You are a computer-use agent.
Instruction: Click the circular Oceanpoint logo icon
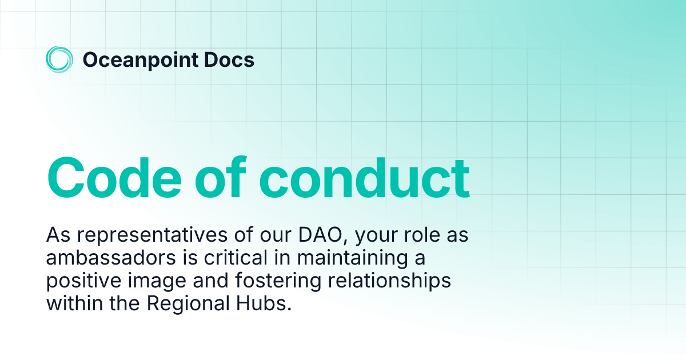click(x=59, y=59)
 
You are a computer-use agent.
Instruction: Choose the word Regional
click(x=184, y=303)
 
